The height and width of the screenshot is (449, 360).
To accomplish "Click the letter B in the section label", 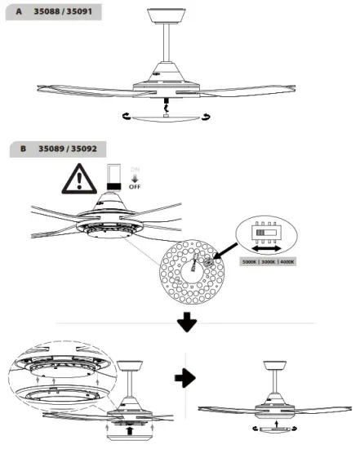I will click(x=24, y=149).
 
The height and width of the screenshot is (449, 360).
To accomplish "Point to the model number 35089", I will click(x=53, y=149).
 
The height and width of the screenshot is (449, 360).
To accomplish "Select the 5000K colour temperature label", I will click(x=253, y=263).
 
